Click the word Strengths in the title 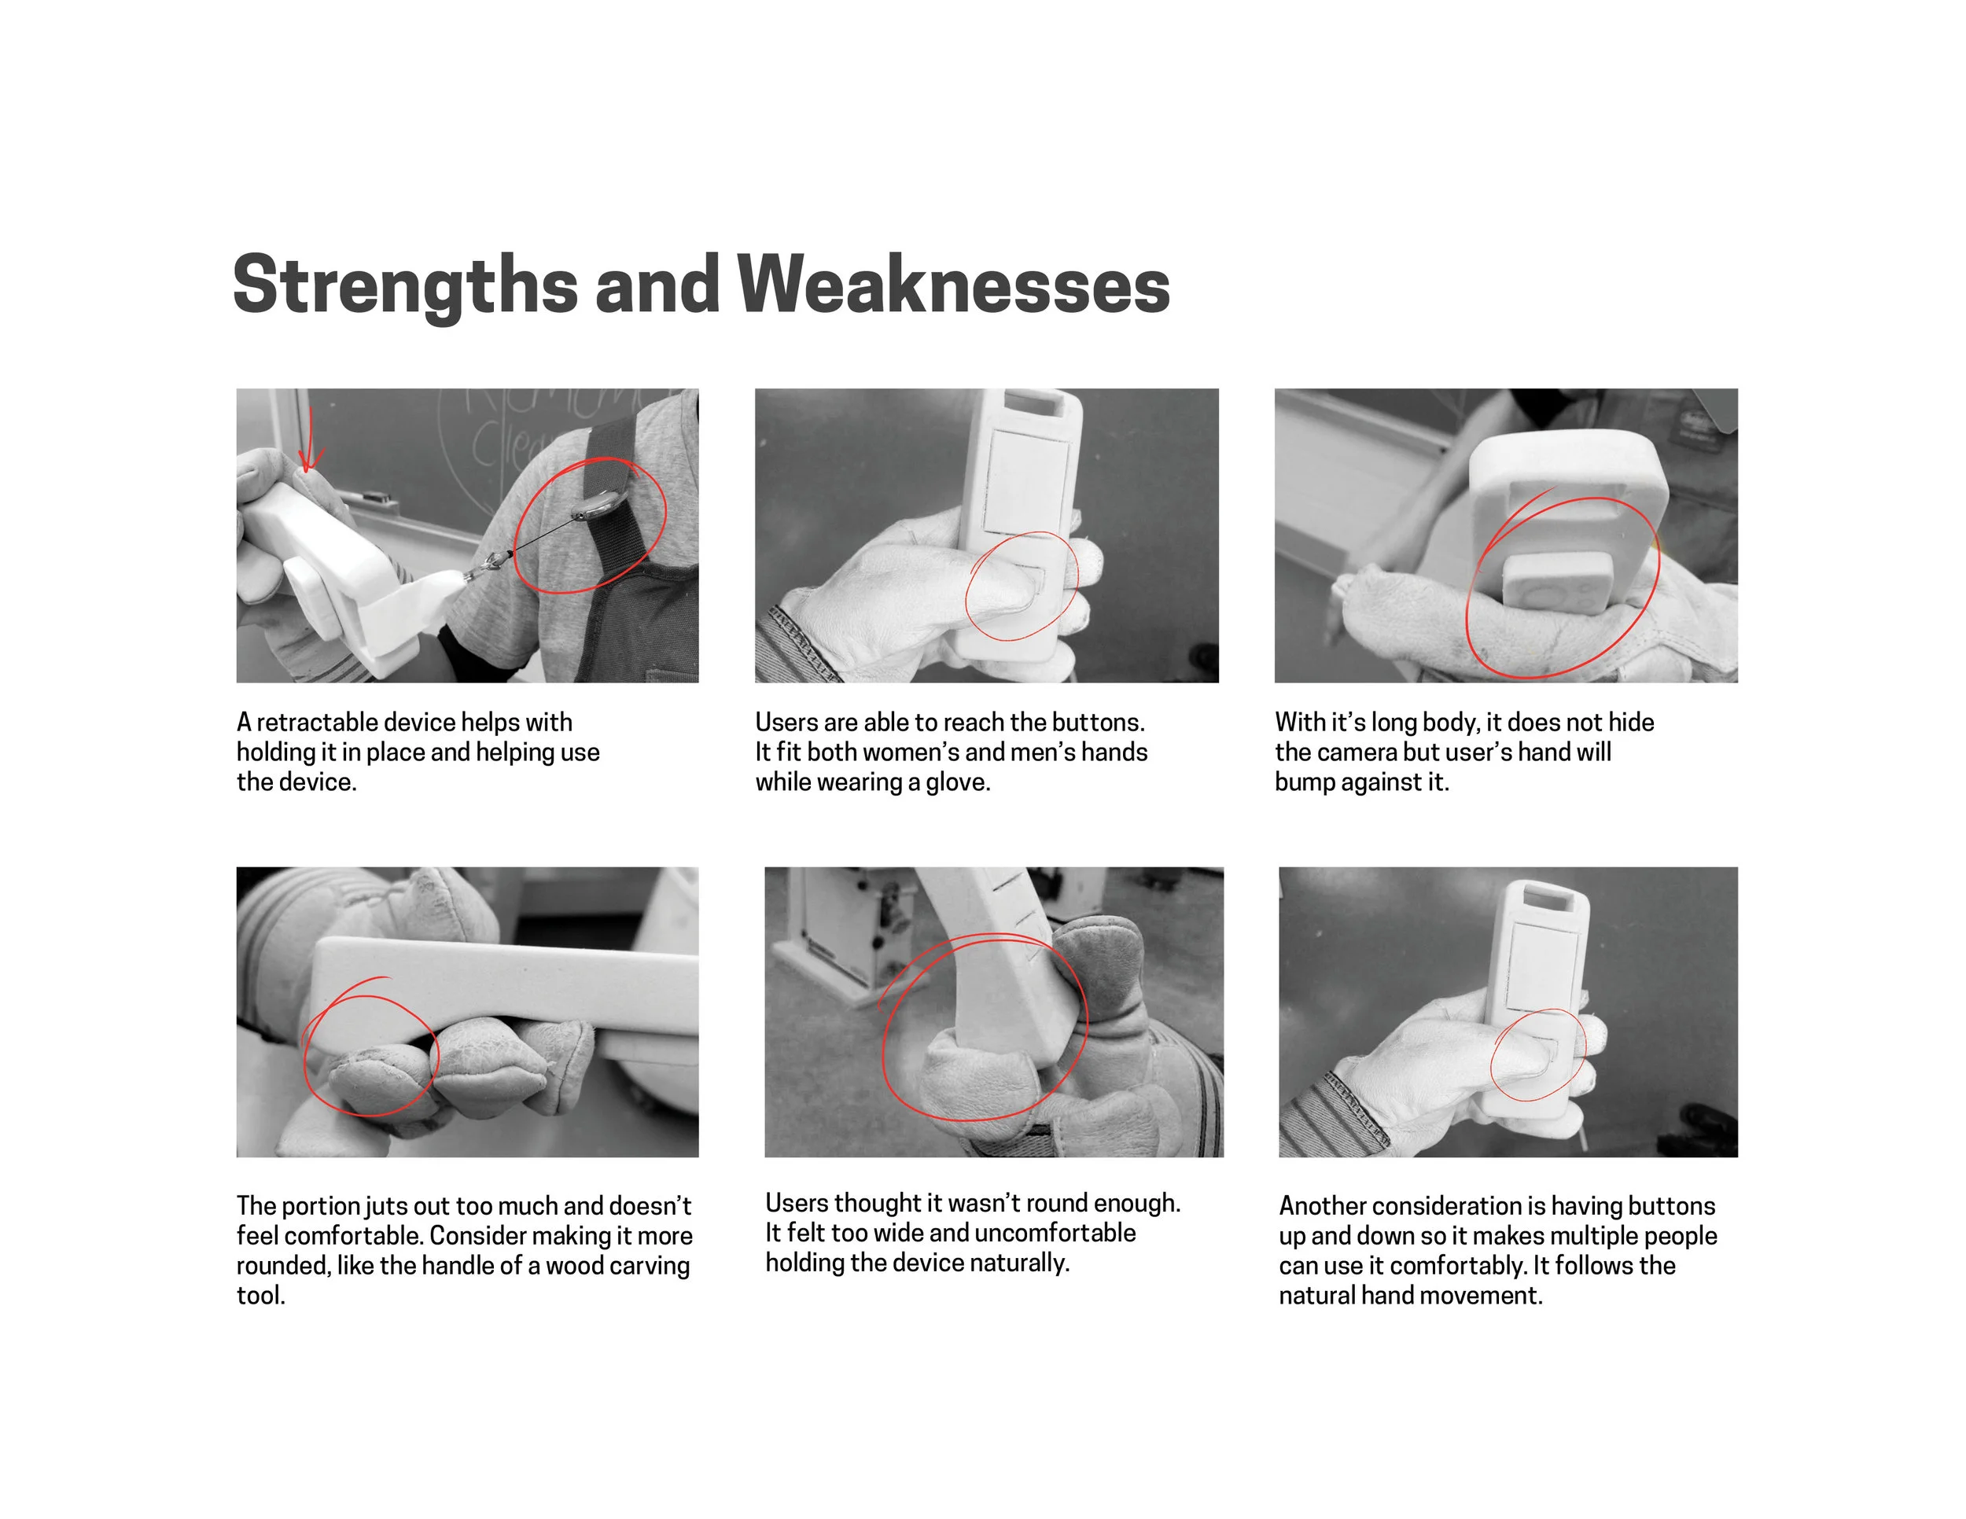405,286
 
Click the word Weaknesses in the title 954,285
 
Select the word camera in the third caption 1355,752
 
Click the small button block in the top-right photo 1557,583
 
